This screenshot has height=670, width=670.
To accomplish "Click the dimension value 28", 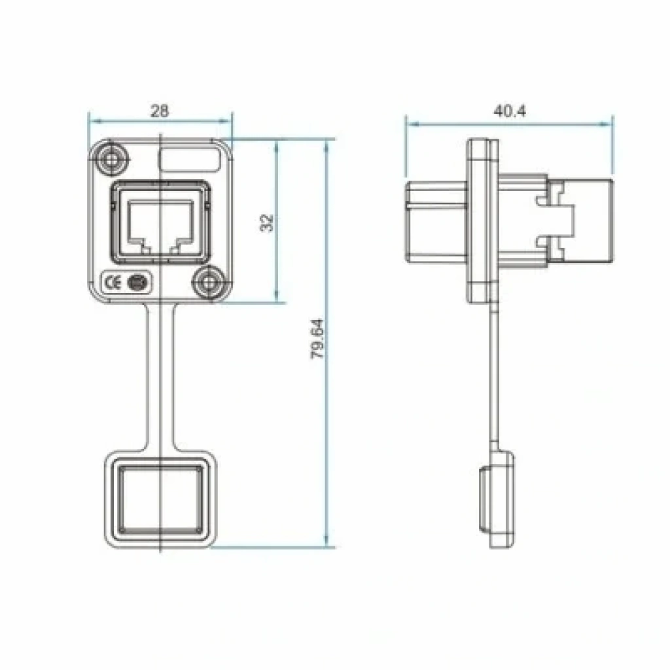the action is pyautogui.click(x=160, y=111).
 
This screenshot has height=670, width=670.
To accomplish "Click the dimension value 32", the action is pyautogui.click(x=267, y=222).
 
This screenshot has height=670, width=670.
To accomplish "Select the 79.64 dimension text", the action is pyautogui.click(x=317, y=339).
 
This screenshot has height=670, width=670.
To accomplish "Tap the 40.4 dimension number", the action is pyautogui.click(x=509, y=111).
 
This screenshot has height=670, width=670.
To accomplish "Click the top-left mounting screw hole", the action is pyautogui.click(x=111, y=160).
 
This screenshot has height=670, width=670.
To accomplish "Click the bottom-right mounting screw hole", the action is pyautogui.click(x=209, y=282).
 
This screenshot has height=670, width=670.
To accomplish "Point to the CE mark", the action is pyautogui.click(x=113, y=283).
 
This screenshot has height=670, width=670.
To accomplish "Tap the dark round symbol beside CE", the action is pyautogui.click(x=137, y=283).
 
